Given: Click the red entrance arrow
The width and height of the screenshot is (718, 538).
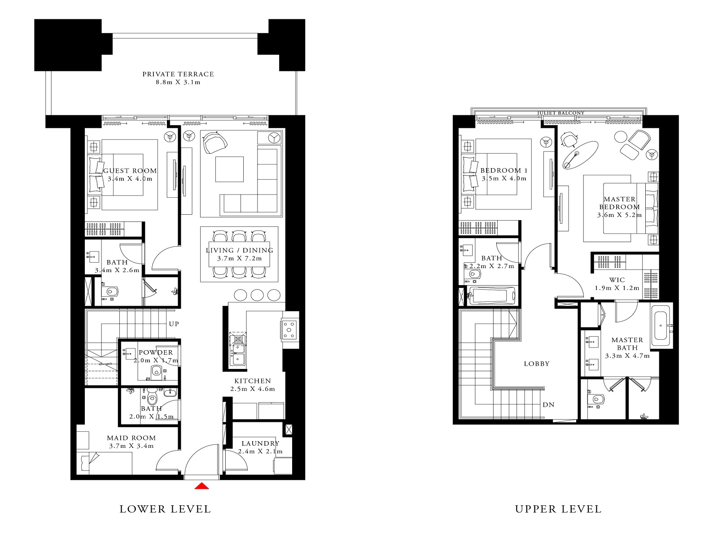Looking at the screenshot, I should (202, 486).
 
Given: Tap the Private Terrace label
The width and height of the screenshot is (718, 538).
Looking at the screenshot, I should (178, 74).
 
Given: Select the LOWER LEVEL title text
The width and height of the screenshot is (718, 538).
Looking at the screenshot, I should (165, 509).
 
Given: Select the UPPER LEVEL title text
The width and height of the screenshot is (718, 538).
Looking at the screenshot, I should (558, 509).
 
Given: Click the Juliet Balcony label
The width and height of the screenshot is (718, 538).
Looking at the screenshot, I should (560, 113).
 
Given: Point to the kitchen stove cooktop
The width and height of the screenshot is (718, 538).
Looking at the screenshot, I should (289, 330).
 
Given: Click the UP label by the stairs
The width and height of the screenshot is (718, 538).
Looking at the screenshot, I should (174, 324).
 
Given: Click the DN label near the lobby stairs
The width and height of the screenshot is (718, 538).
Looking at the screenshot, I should (548, 404).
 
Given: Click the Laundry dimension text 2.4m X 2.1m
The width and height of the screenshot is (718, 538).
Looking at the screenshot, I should (260, 451).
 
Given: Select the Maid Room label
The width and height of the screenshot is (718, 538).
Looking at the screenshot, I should (131, 438).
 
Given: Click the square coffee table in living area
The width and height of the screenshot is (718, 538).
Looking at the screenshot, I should (229, 169).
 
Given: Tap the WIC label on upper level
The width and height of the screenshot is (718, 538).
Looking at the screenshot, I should (617, 280).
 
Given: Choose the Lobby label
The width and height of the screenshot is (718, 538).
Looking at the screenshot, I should (536, 364).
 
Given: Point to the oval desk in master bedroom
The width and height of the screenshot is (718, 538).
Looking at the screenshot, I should (581, 155).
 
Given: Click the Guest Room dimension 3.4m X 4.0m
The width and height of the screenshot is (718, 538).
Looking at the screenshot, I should (130, 178).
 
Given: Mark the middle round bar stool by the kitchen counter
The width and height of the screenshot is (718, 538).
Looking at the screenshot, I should (257, 295).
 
